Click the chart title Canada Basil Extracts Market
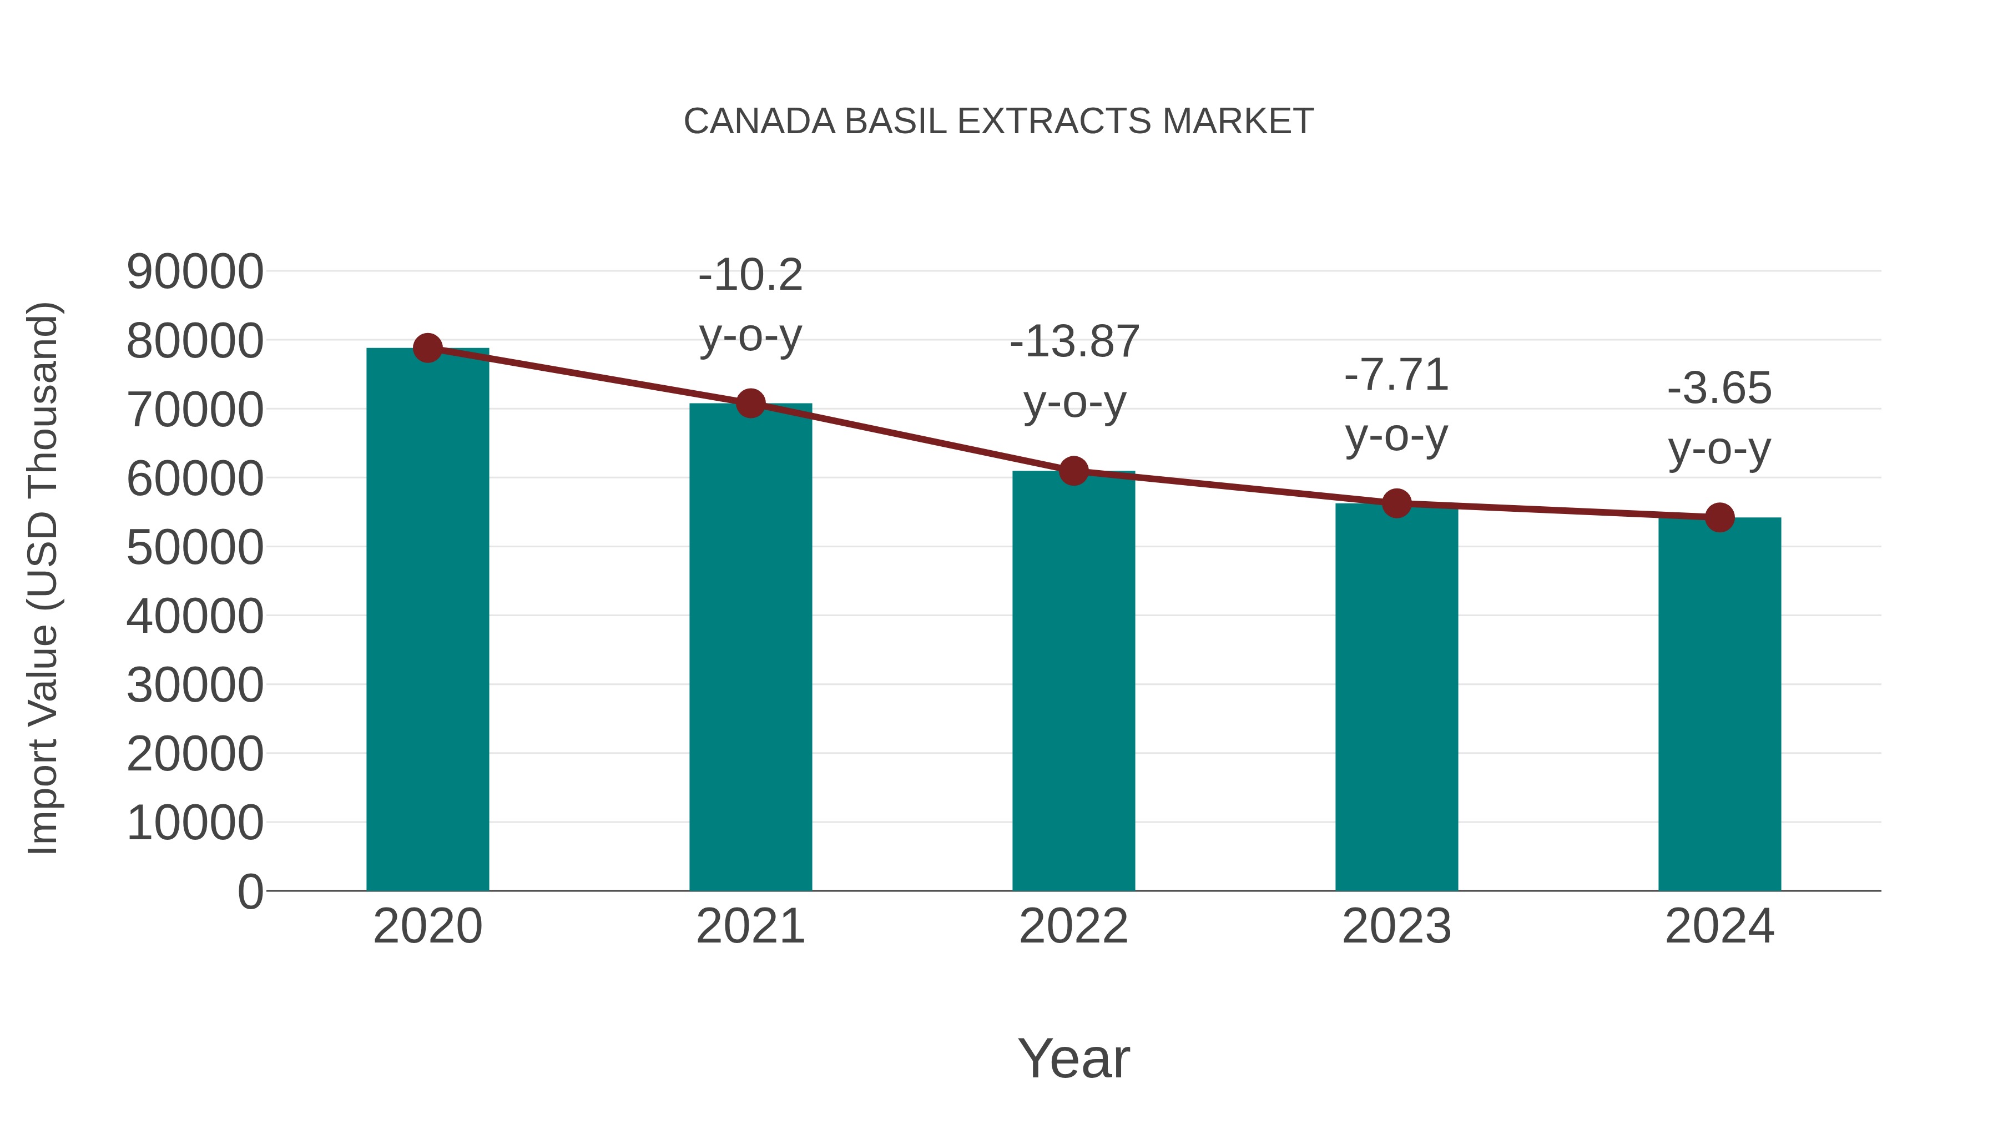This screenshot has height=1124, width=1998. pos(998,122)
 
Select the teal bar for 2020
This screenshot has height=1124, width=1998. pos(427,621)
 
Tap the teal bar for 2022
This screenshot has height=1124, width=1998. pos(1073,683)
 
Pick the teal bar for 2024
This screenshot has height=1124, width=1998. pos(1719,706)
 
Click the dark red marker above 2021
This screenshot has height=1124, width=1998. pos(750,404)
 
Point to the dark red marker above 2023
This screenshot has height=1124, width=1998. pos(1396,503)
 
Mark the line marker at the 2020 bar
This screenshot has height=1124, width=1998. pos(427,348)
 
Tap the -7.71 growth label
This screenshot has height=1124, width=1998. pos(1396,375)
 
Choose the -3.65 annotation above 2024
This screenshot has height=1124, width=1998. pos(1719,388)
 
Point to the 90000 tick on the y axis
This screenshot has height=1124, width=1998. pos(195,273)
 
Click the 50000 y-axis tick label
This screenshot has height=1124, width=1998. pos(195,548)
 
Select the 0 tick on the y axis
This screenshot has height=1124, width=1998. pos(250,891)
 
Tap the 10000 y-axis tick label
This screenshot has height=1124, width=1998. pos(195,823)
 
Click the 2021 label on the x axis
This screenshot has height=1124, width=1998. pos(750,926)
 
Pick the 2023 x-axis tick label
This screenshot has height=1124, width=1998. pos(1396,926)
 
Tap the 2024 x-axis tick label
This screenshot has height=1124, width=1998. pos(1719,926)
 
